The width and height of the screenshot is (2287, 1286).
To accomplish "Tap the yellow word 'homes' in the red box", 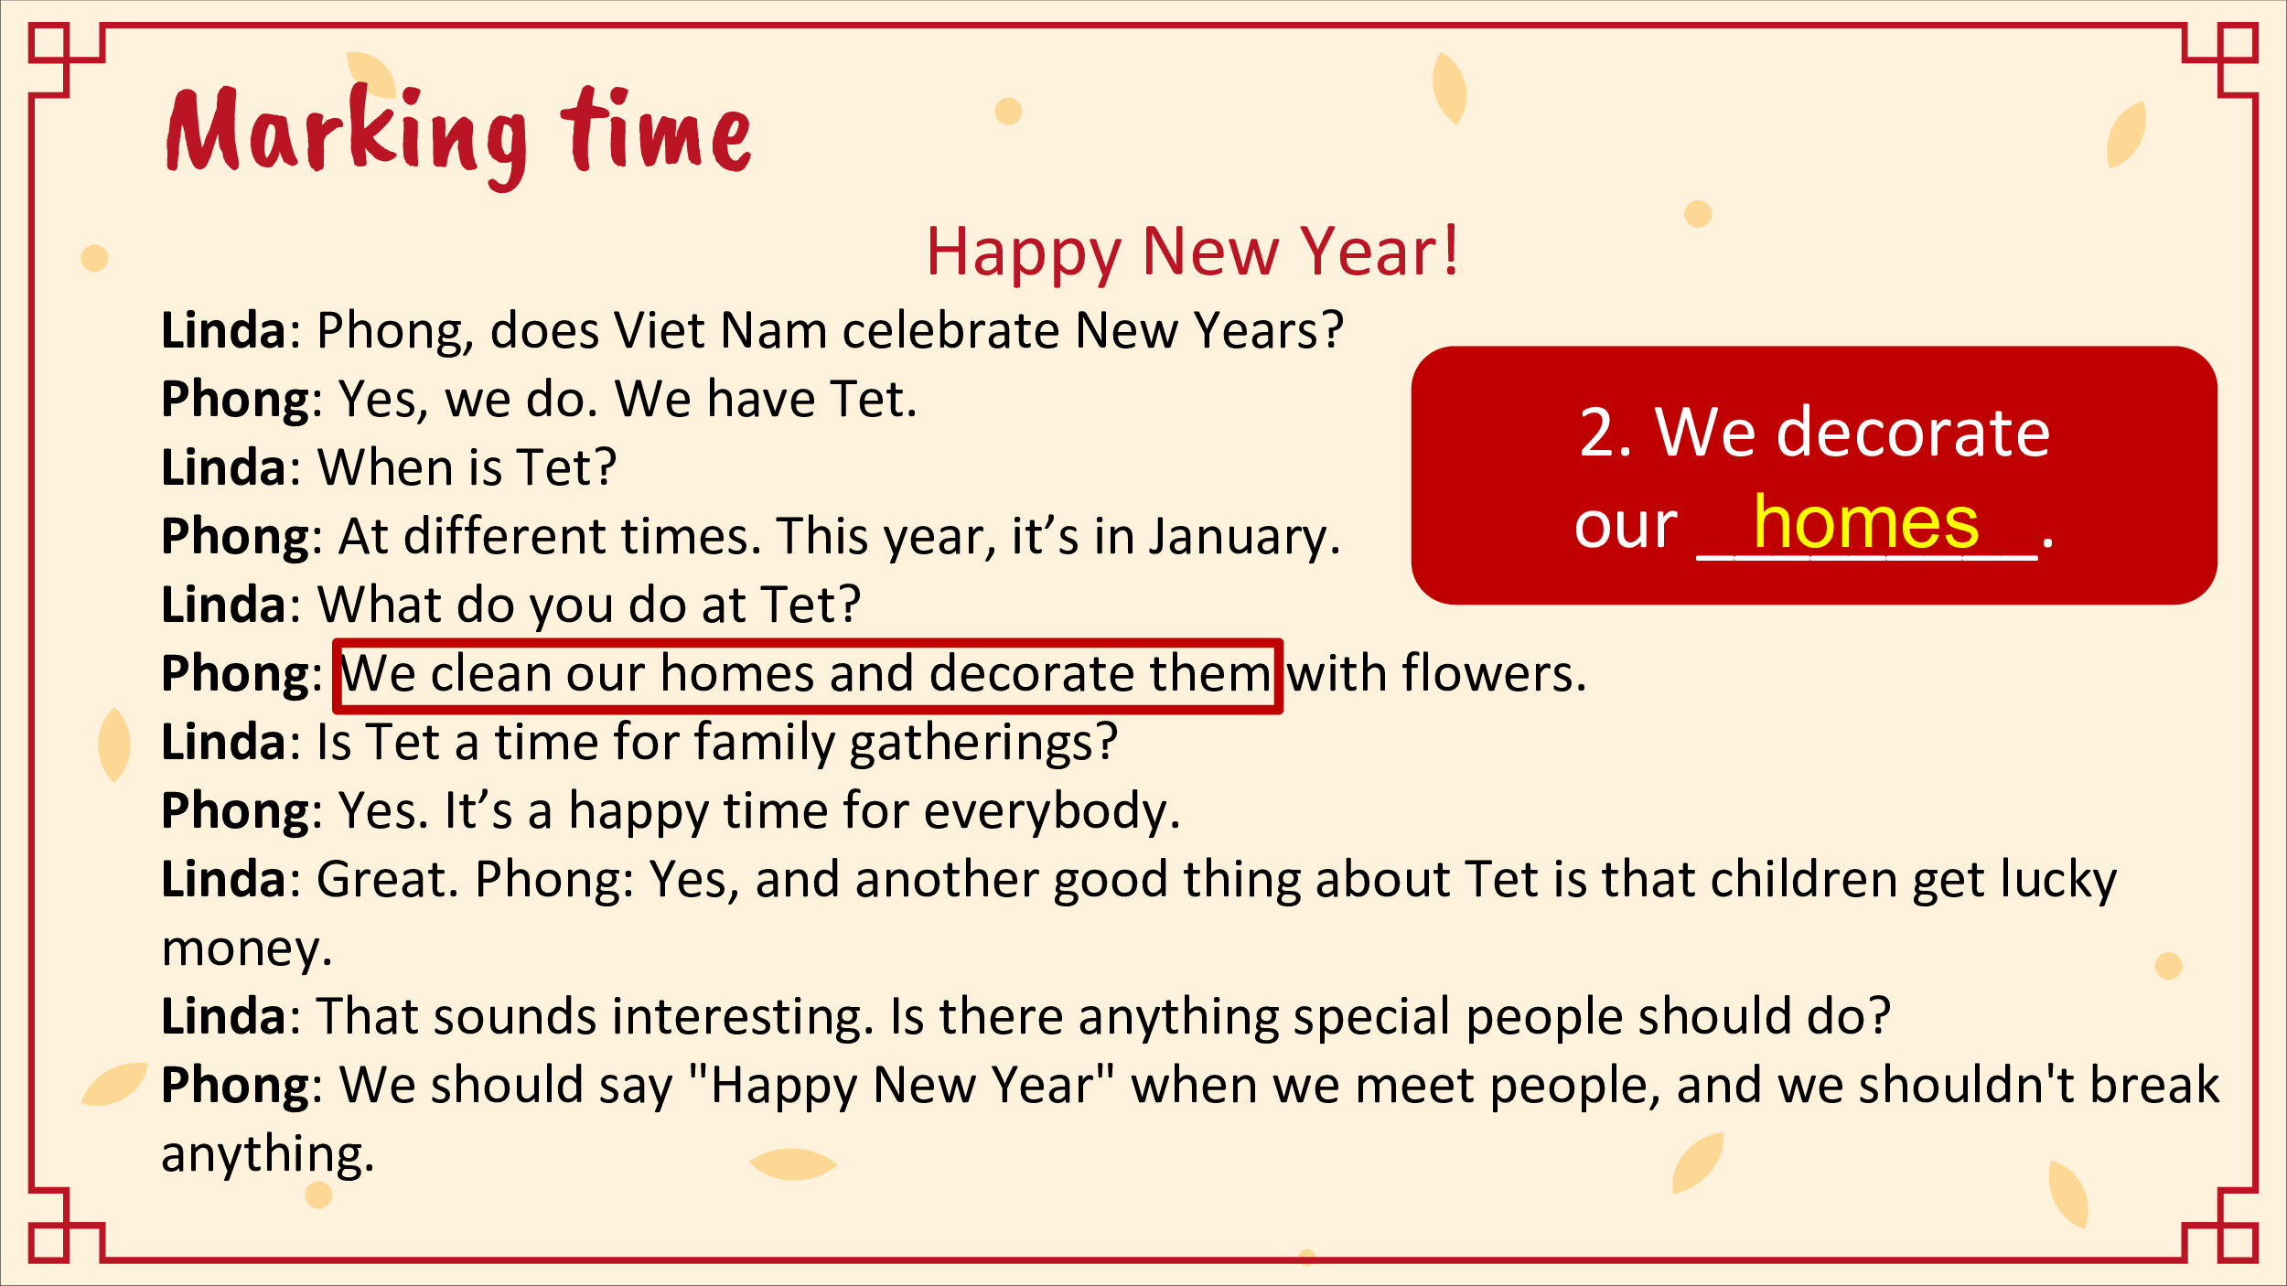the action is [1866, 522].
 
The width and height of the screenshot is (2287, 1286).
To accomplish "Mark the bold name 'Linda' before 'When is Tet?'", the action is [224, 467].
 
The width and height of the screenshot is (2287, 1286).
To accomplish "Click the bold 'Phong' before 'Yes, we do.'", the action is [235, 401].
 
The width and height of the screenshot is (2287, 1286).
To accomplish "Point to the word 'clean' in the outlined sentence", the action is [490, 673].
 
